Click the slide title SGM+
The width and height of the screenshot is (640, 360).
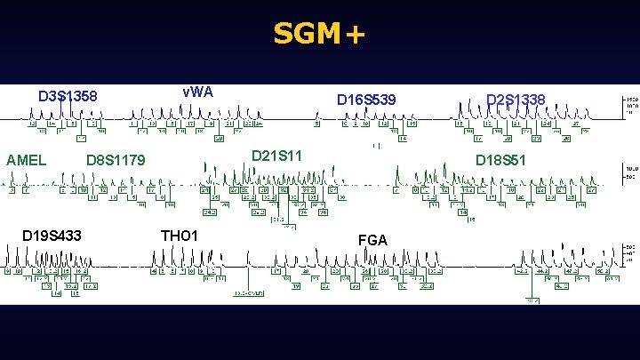tap(318, 35)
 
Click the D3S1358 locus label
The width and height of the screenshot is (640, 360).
tap(67, 96)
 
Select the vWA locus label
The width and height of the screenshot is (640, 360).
tap(197, 92)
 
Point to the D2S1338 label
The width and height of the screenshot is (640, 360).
tap(516, 99)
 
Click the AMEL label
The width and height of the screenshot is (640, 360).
tap(26, 161)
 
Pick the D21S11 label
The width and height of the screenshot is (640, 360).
tap(277, 156)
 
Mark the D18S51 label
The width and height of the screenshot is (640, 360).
tap(501, 161)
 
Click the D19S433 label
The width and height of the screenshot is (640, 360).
tap(52, 236)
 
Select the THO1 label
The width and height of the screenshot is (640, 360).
tap(179, 236)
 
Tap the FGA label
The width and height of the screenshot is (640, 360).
tap(372, 239)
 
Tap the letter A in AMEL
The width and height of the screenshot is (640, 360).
tap(11, 161)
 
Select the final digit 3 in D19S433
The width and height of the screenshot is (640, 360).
tap(78, 236)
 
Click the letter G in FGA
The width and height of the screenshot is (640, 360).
tap(372, 239)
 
